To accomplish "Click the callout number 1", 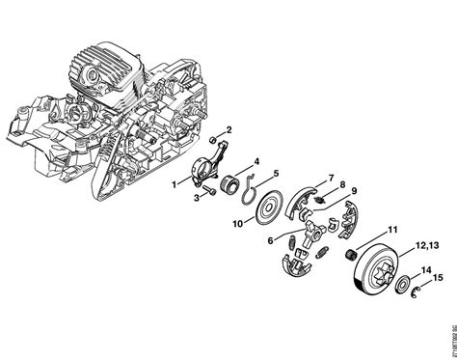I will [x=173, y=182].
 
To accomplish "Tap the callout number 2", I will [x=228, y=128].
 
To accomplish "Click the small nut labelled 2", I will [x=214, y=141].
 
